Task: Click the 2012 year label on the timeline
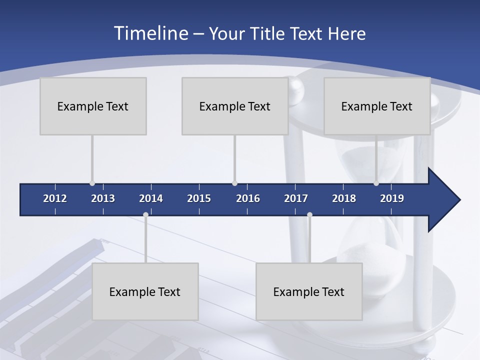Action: (x=55, y=198)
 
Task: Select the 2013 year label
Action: (x=103, y=198)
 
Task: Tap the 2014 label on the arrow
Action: (x=151, y=198)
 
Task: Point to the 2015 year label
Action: (x=199, y=198)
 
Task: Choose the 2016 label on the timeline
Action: (x=248, y=198)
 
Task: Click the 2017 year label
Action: (x=296, y=198)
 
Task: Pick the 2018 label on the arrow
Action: (x=344, y=198)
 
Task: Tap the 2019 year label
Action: (x=392, y=198)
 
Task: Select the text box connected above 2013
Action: (x=93, y=106)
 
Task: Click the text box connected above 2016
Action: (x=235, y=106)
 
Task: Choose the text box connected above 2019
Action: (x=377, y=106)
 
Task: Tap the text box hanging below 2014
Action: (x=145, y=291)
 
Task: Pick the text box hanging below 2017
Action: (x=309, y=291)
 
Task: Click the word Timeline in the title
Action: (x=150, y=33)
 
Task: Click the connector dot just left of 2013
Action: (x=92, y=183)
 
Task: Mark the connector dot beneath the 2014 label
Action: (x=145, y=214)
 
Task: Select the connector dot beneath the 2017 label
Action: (x=309, y=214)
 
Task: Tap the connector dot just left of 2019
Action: (x=376, y=183)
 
